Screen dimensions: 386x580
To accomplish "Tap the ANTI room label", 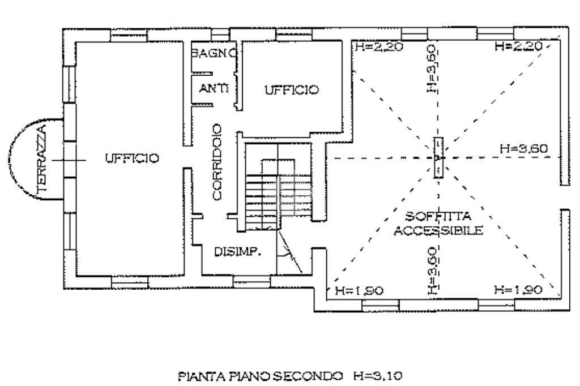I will pyautogui.click(x=214, y=88).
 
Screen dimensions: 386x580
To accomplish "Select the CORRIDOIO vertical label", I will pyautogui.click(x=217, y=170).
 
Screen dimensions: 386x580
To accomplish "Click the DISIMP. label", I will pyautogui.click(x=237, y=252).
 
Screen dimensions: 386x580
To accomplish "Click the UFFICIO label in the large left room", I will pyautogui.click(x=132, y=158).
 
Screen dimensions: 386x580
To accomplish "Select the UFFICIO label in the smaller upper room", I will pyautogui.click(x=292, y=89).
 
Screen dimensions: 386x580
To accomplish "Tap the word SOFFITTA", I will pyautogui.click(x=438, y=217).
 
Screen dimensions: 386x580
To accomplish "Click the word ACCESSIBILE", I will pyautogui.click(x=438, y=230).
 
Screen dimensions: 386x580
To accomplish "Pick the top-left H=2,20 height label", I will pyautogui.click(x=379, y=48).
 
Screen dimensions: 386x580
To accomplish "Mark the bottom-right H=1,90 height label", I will pyautogui.click(x=518, y=290).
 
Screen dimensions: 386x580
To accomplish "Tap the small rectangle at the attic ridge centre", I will pyautogui.click(x=438, y=158).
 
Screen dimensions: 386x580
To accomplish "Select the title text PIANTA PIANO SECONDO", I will pyautogui.click(x=260, y=375).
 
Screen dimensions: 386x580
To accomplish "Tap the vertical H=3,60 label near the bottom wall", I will pyautogui.click(x=432, y=271).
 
